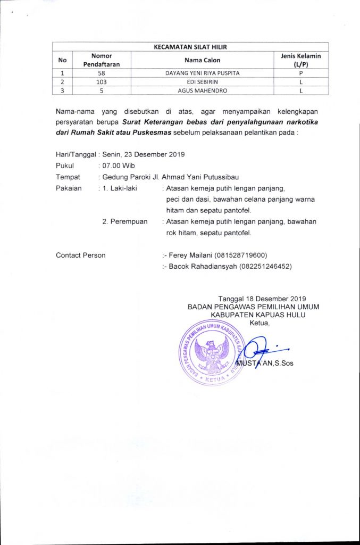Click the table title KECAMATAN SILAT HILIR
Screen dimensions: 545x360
[190, 47]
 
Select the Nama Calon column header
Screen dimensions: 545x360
[202, 60]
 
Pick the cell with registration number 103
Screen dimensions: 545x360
[102, 81]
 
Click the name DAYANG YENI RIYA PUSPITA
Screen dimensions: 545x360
[202, 73]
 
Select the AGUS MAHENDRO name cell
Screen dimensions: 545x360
[202, 90]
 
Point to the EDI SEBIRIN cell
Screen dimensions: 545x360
[202, 81]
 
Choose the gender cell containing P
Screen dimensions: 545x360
[300, 73]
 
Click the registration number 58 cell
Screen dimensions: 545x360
[101, 73]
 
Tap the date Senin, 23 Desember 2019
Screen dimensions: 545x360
[144, 154]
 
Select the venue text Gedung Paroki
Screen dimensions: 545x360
[124, 177]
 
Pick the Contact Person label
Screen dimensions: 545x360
[80, 255]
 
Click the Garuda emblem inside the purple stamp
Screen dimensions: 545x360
[211, 353]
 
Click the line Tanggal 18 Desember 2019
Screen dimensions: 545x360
[262, 298]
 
